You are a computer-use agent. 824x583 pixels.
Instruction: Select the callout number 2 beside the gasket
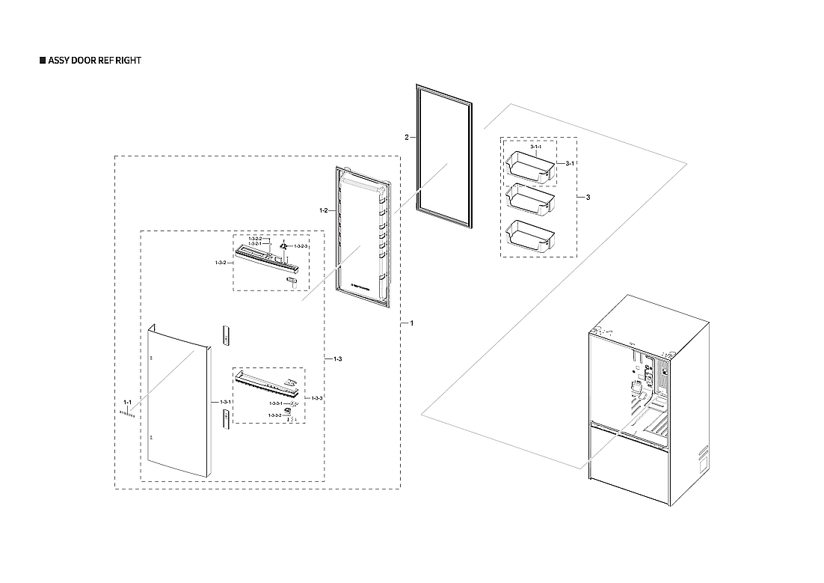point(406,138)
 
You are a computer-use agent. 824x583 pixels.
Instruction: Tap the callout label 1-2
point(324,211)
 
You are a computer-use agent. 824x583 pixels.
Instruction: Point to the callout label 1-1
point(127,403)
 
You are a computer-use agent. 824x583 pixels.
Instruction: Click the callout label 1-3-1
point(225,402)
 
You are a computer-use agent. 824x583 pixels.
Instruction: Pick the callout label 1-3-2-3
point(301,245)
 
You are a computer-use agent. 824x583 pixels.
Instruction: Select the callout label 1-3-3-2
point(274,415)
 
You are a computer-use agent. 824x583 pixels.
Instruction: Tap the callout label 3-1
point(569,163)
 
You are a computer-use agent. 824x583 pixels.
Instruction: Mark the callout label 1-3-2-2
point(254,239)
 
